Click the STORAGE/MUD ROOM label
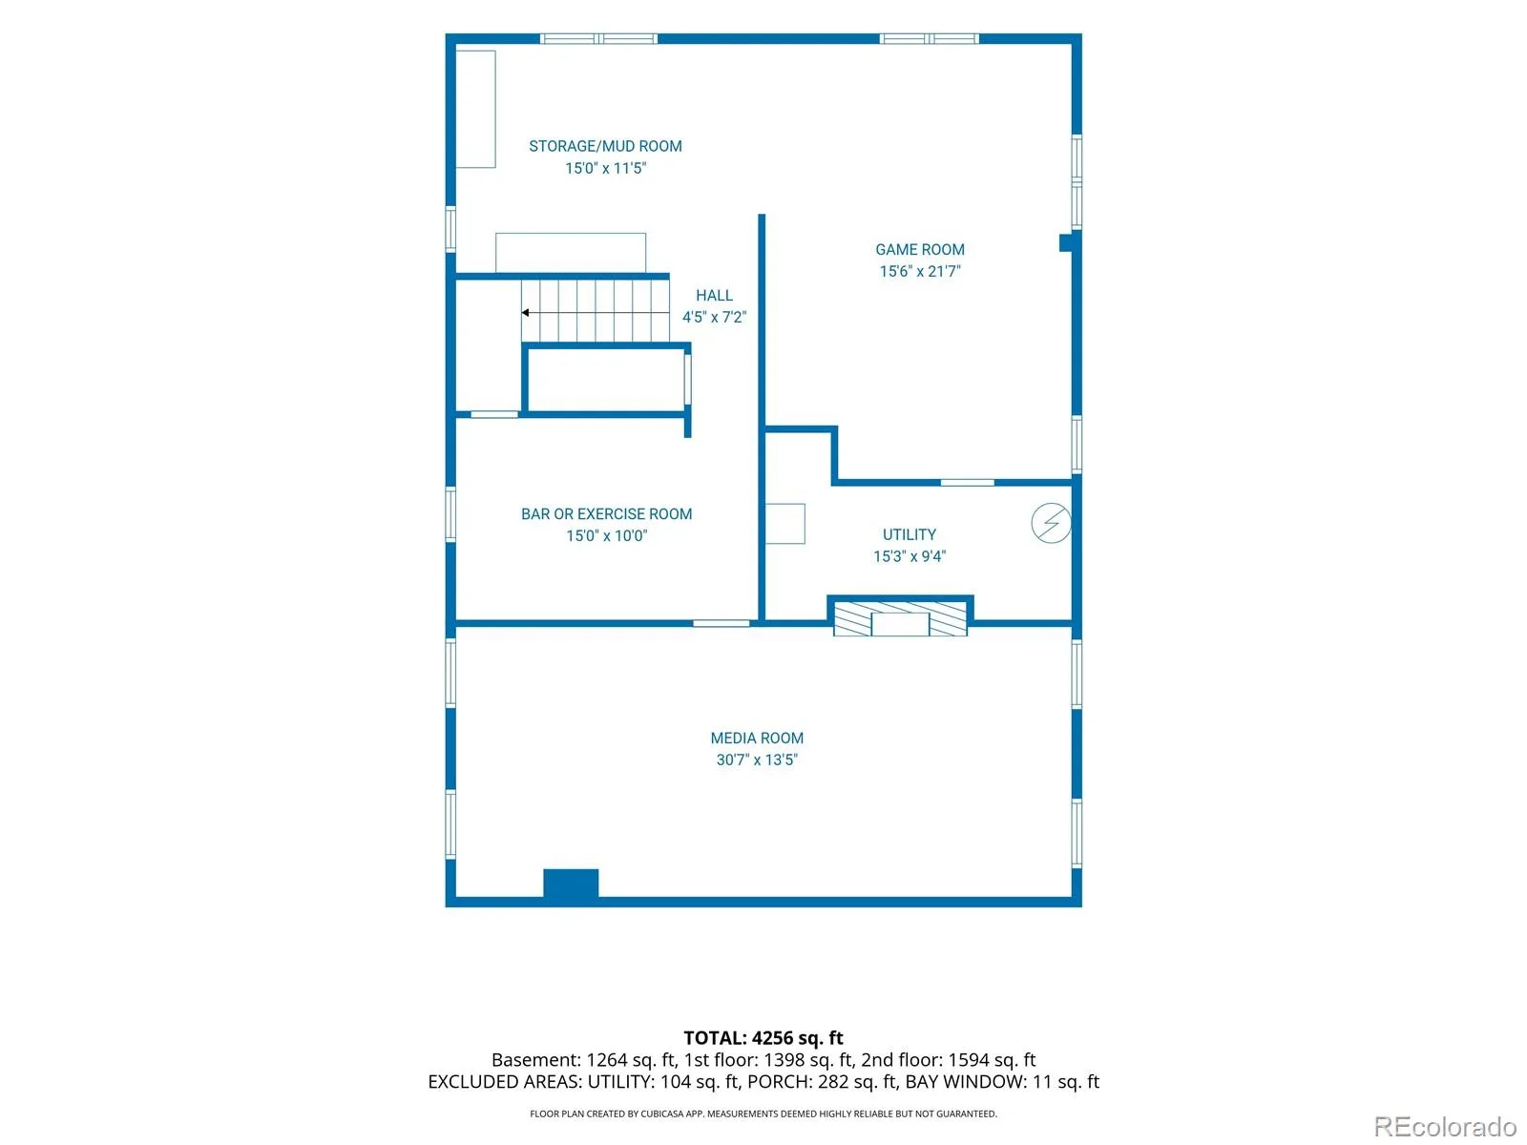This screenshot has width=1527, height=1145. (604, 146)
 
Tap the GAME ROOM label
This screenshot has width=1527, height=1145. (919, 249)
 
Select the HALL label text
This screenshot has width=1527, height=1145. (714, 295)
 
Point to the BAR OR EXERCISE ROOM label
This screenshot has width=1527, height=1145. (606, 513)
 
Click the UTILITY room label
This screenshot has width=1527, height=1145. (909, 534)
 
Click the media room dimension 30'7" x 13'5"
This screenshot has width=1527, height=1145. (756, 760)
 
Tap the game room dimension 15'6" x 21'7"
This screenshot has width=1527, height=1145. (919, 271)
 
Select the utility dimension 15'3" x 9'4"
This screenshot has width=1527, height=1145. (909, 555)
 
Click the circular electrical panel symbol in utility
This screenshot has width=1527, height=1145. (1051, 522)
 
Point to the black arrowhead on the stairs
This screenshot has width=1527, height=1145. (525, 312)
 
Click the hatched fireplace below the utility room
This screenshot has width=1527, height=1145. (900, 618)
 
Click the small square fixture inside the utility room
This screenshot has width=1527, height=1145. (784, 523)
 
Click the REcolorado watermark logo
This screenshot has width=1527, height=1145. (1444, 1126)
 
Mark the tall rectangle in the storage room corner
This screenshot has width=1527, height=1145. (475, 109)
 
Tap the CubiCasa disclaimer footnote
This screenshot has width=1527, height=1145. (763, 1113)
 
